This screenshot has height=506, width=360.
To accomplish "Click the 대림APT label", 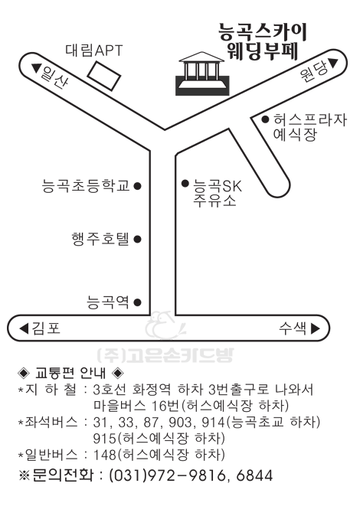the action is pyautogui.click(x=94, y=51).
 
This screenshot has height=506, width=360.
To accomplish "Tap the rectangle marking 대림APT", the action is pyautogui.click(x=104, y=77).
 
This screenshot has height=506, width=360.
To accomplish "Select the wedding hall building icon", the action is pyautogui.click(x=202, y=73).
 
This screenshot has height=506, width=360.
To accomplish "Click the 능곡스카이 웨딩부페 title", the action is pyautogui.click(x=262, y=41).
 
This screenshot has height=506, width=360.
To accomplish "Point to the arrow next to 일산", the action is pyautogui.click(x=37, y=68).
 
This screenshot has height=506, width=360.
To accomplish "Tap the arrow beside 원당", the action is pyautogui.click(x=333, y=63).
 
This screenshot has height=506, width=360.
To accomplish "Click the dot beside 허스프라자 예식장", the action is pyautogui.click(x=265, y=119).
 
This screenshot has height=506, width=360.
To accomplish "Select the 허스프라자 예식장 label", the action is pyautogui.click(x=309, y=127).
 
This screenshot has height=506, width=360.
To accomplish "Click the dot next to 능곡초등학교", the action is pyautogui.click(x=138, y=186).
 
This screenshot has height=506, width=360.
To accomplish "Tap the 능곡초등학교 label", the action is pyautogui.click(x=86, y=185).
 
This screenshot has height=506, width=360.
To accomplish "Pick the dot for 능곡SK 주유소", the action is pyautogui.click(x=185, y=184).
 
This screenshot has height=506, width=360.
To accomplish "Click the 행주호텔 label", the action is pyautogui.click(x=100, y=239).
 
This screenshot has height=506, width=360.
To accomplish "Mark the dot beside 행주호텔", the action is pyautogui.click(x=138, y=240).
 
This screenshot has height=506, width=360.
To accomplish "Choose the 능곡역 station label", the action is pyautogui.click(x=108, y=302).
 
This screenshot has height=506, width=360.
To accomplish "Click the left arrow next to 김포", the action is pyautogui.click(x=25, y=328).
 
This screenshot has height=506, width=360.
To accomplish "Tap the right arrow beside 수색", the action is pyautogui.click(x=315, y=328).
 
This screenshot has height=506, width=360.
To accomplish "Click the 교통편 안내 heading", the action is pyautogui.click(x=70, y=373).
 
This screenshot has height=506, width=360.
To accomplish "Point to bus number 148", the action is pyautogui.click(x=105, y=455).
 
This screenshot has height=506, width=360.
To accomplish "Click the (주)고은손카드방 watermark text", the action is pyautogui.click(x=165, y=355).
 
